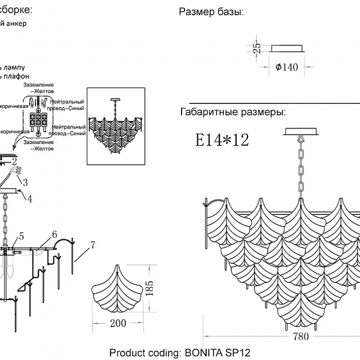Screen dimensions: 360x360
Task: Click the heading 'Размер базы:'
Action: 211,12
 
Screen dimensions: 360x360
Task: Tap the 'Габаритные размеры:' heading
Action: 232,112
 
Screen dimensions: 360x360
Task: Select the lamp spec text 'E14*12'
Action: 222,139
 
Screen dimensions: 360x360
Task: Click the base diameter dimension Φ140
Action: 287,67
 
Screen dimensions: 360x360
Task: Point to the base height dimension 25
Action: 258,48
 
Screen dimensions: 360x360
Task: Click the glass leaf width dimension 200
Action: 118,323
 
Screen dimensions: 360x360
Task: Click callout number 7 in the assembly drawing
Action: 93,245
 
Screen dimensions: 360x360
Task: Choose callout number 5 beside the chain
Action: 21,236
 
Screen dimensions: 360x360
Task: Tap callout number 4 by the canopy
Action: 29,199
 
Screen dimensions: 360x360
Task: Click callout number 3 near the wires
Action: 24,182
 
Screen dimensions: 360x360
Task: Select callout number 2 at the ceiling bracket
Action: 14,161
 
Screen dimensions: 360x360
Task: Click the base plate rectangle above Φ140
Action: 287,48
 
